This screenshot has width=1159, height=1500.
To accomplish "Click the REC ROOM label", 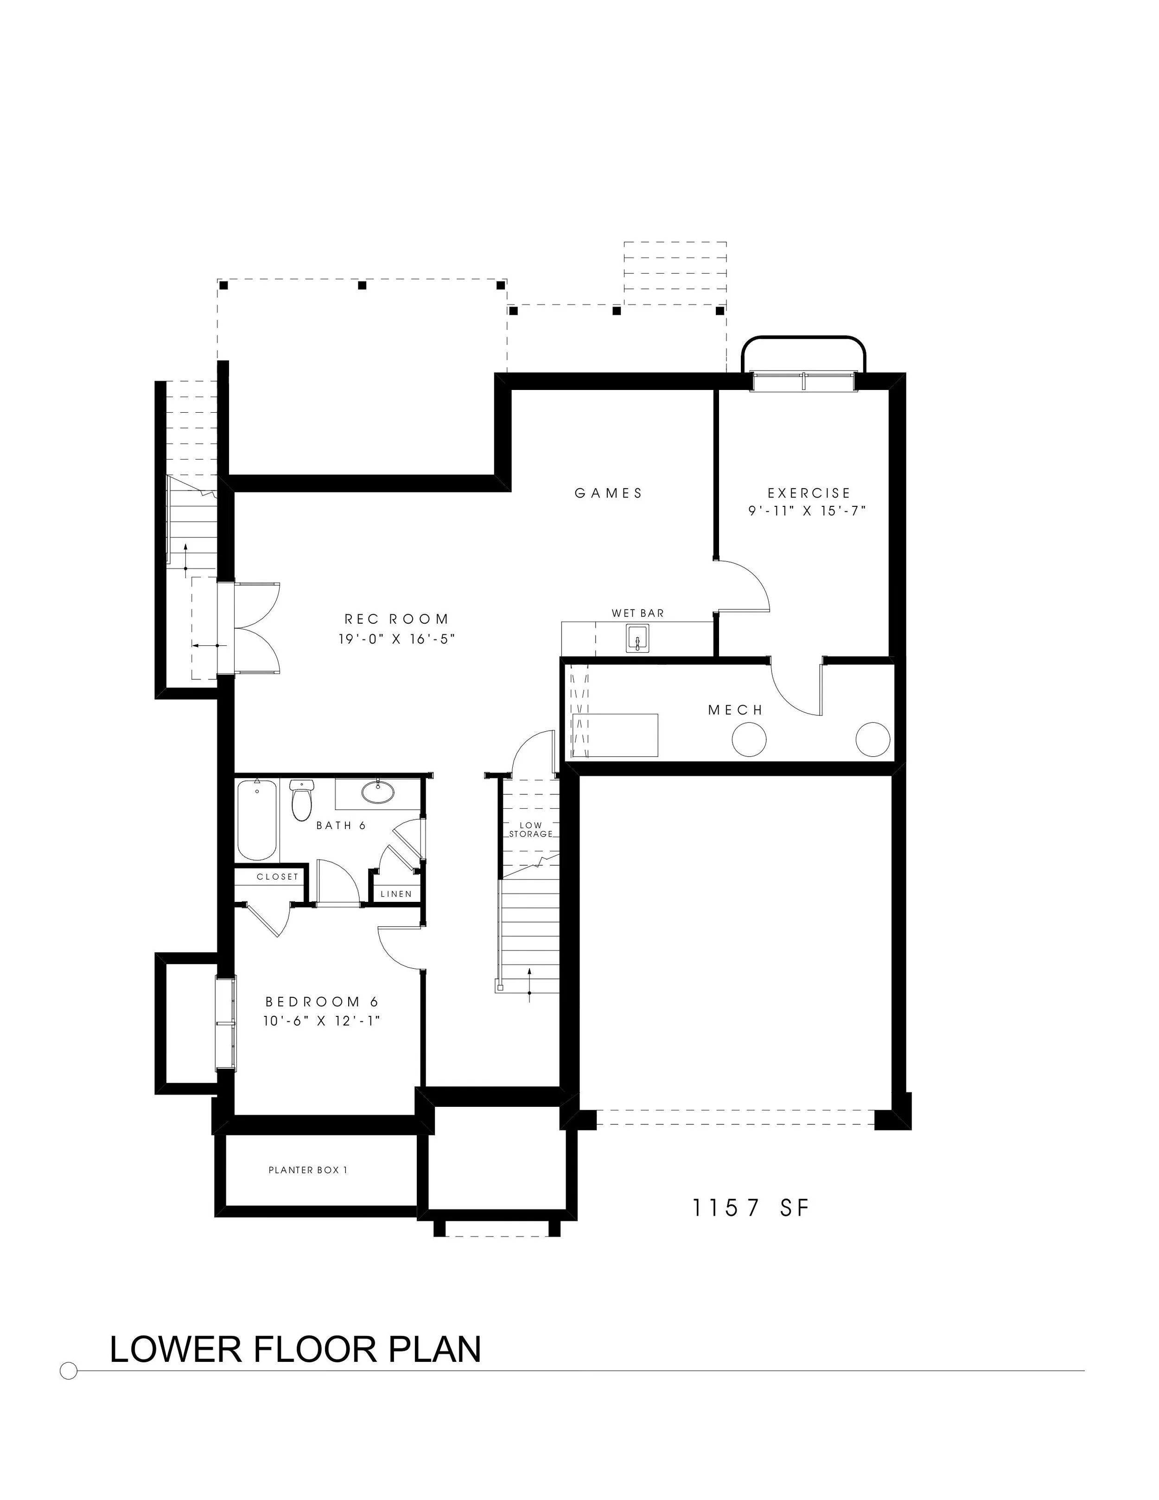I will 396,619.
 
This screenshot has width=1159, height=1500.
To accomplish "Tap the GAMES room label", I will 608,493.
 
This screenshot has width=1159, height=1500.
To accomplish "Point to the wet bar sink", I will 637,639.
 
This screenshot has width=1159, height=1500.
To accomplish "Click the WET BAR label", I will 638,613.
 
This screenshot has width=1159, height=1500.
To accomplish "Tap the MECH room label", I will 735,710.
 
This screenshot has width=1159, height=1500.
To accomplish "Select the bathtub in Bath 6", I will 257,820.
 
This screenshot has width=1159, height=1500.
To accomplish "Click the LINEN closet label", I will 396,894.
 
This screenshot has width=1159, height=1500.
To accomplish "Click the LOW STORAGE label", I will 531,829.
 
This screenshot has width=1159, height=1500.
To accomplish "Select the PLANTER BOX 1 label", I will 308,1170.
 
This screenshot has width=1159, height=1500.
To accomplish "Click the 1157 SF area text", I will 751,1207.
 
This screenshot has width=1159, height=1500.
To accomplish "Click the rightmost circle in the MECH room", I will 872,740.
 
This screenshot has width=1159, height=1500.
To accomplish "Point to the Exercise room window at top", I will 803,381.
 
